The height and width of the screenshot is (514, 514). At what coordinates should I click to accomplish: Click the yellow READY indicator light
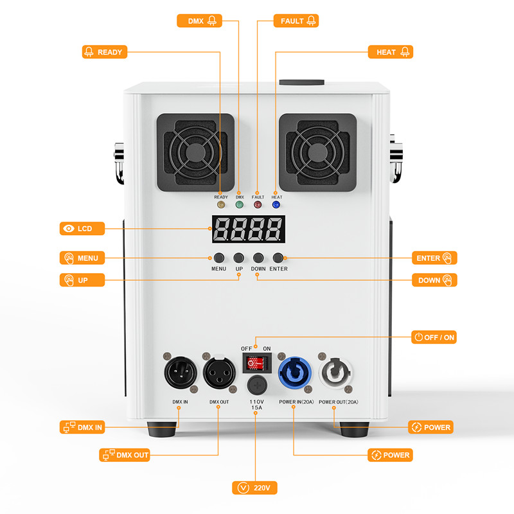221,205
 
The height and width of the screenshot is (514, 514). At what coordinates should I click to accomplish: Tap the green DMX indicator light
240,205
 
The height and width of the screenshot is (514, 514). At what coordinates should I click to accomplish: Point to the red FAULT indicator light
258,205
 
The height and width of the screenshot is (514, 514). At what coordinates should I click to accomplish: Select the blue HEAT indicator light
277,205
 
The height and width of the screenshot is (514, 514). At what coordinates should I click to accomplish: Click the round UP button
239,258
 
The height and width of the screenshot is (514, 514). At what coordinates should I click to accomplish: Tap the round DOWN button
258,258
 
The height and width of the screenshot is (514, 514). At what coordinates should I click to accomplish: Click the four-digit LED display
248,228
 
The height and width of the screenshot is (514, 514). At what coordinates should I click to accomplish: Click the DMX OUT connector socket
218,371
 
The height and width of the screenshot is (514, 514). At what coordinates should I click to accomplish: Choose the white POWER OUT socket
335,372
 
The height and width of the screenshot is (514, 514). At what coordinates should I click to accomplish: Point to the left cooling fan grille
195,153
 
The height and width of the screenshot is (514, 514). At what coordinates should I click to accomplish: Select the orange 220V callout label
255,488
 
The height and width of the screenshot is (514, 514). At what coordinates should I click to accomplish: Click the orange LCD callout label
82,229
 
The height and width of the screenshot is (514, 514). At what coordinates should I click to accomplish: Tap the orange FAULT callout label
296,21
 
